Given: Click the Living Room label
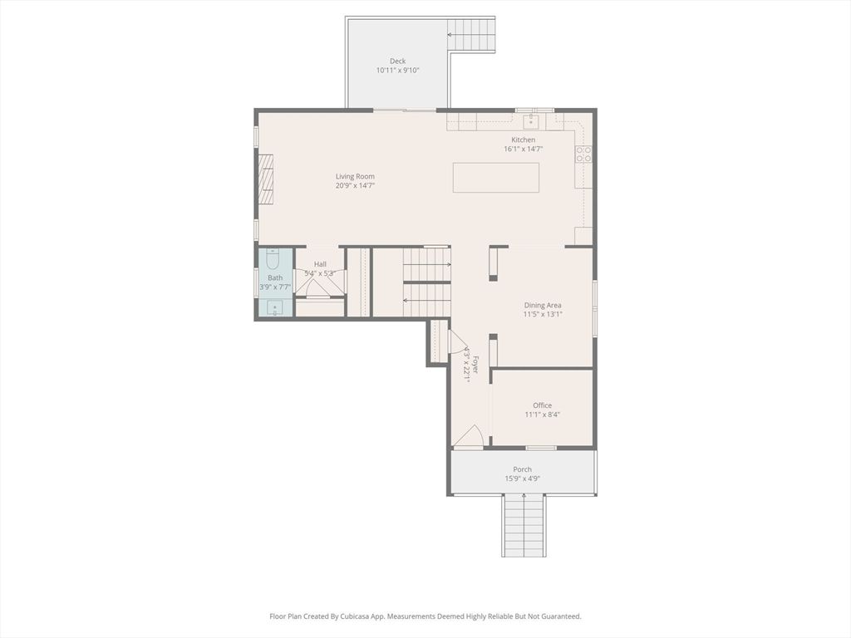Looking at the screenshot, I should tap(355, 176).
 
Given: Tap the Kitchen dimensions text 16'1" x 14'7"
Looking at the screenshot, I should tap(523, 150).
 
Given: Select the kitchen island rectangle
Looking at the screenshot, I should tap(495, 178).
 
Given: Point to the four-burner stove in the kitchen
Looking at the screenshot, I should tap(583, 155).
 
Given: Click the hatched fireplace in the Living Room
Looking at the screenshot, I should tap(263, 179).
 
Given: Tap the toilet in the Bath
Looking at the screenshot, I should tap(274, 260).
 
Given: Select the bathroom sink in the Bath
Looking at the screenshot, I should tap(274, 307).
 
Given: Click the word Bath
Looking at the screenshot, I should tap(274, 278).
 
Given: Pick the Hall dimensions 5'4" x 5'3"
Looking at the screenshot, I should tap(320, 273).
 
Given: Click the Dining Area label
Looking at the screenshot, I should tap(542, 305).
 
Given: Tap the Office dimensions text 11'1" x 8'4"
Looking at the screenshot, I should tap(542, 415).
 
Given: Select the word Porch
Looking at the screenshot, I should tap(522, 469).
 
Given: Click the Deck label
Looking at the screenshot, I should tap(398, 61).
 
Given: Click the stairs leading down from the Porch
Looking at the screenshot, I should tap(524, 525).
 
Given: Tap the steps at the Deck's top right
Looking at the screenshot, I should tap(471, 36).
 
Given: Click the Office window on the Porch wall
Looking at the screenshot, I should tap(541, 449).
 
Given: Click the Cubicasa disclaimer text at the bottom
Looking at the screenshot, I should tap(425, 616).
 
